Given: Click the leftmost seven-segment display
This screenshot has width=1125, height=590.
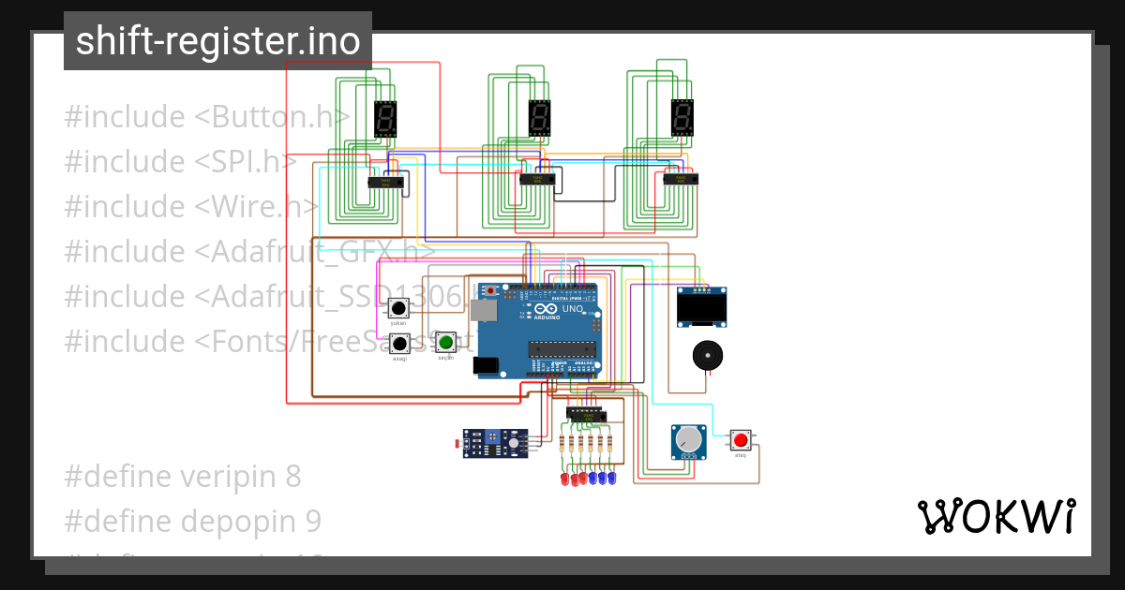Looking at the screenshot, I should point(384,119).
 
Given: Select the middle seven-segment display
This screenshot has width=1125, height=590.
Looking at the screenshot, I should point(539,118).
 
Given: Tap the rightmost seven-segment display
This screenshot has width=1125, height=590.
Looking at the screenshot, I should point(682,117).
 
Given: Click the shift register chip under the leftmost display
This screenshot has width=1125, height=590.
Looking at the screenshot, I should point(385,182).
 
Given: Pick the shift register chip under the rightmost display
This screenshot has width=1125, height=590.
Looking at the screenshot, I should point(681,178).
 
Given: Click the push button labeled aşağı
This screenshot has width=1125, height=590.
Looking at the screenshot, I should point(399,344).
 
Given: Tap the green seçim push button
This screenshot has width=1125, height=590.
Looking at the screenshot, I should point(446,342).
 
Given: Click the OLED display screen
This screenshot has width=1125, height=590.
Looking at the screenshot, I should point(702,308).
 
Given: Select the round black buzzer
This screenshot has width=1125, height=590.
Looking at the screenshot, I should point(708,357).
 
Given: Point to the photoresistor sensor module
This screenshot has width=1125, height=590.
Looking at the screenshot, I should point(495,442).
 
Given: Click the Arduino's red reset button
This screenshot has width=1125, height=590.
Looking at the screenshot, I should point(489,291).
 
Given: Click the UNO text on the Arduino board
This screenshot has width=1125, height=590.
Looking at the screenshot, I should point(572,309).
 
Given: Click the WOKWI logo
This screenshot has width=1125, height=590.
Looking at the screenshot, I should point(996,516).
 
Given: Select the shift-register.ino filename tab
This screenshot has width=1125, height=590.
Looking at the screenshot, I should point(217,41).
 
